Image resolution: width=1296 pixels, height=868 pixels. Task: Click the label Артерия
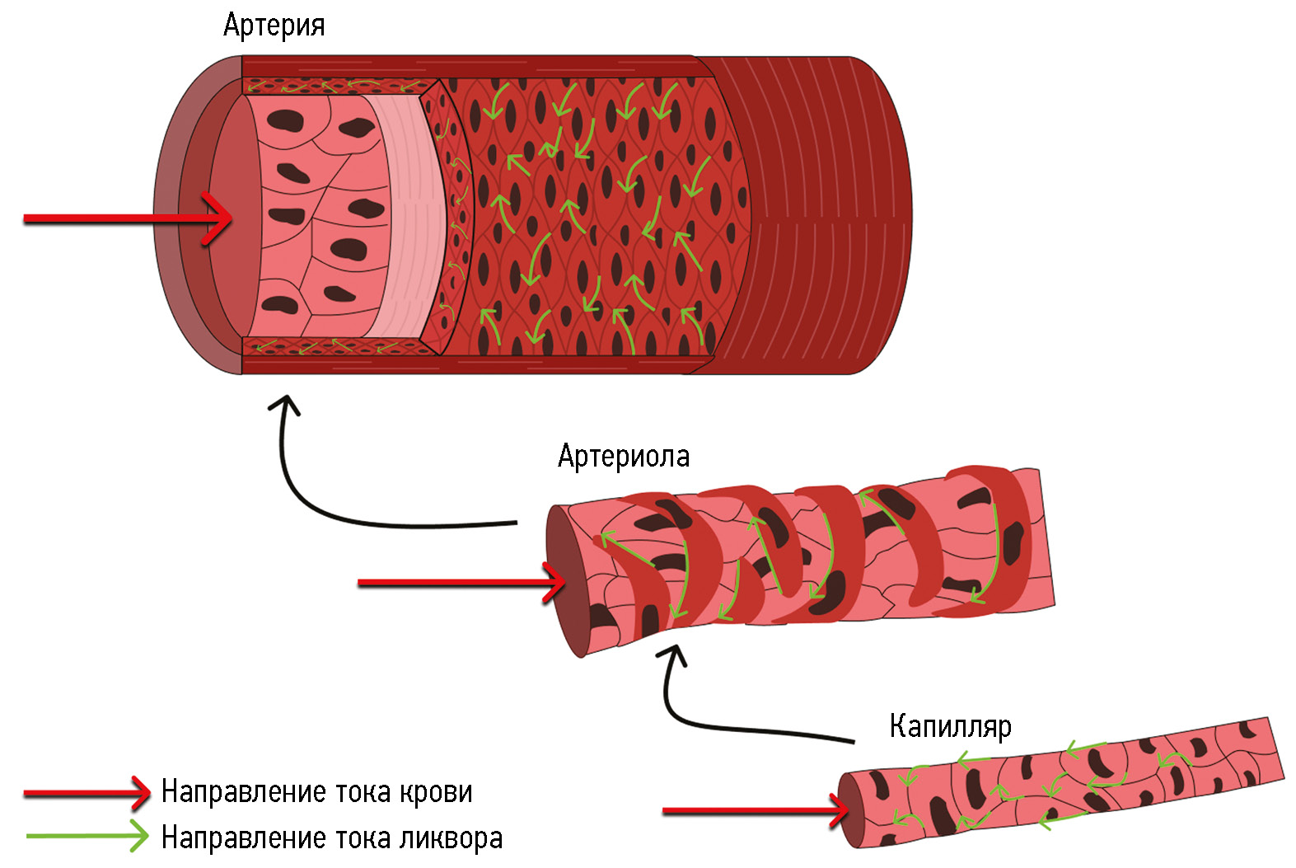[x=274, y=26]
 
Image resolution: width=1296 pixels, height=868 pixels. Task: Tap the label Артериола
[x=623, y=456]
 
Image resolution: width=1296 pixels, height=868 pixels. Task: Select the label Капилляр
[x=950, y=726]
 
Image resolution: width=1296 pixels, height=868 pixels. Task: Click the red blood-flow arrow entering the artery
[x=124, y=218]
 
